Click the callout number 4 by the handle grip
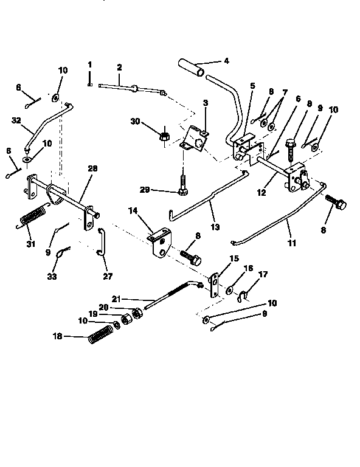tap(226, 61)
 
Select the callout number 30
tap(136, 122)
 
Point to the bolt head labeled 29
tap(183, 193)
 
